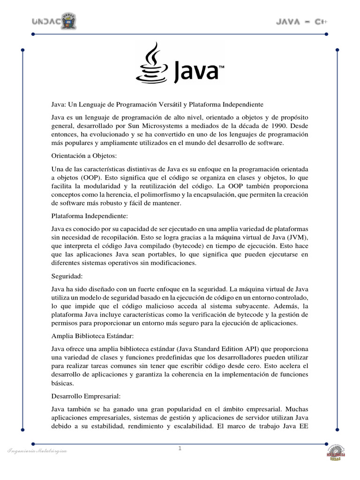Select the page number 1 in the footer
(x=180, y=449)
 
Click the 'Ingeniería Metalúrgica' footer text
(x=37, y=451)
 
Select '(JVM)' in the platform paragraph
(x=297, y=238)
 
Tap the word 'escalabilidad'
(x=195, y=427)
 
